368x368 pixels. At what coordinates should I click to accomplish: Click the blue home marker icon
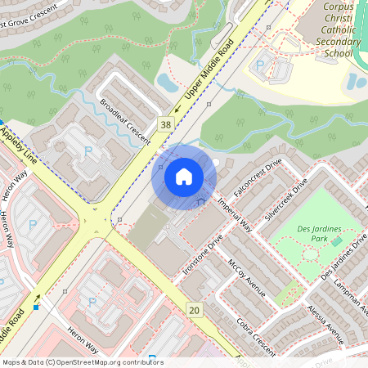point(184,176)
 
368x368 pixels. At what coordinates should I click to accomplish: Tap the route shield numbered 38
point(167,124)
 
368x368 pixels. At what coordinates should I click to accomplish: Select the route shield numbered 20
point(194,309)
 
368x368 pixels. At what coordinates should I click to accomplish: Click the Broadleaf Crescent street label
point(125,122)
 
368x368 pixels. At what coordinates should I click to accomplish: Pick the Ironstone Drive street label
point(203,254)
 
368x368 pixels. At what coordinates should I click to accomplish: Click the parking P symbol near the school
point(261,65)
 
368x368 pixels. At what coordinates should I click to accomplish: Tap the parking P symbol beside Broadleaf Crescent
point(88,150)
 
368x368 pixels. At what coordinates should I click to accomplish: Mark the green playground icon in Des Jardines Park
point(337,241)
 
